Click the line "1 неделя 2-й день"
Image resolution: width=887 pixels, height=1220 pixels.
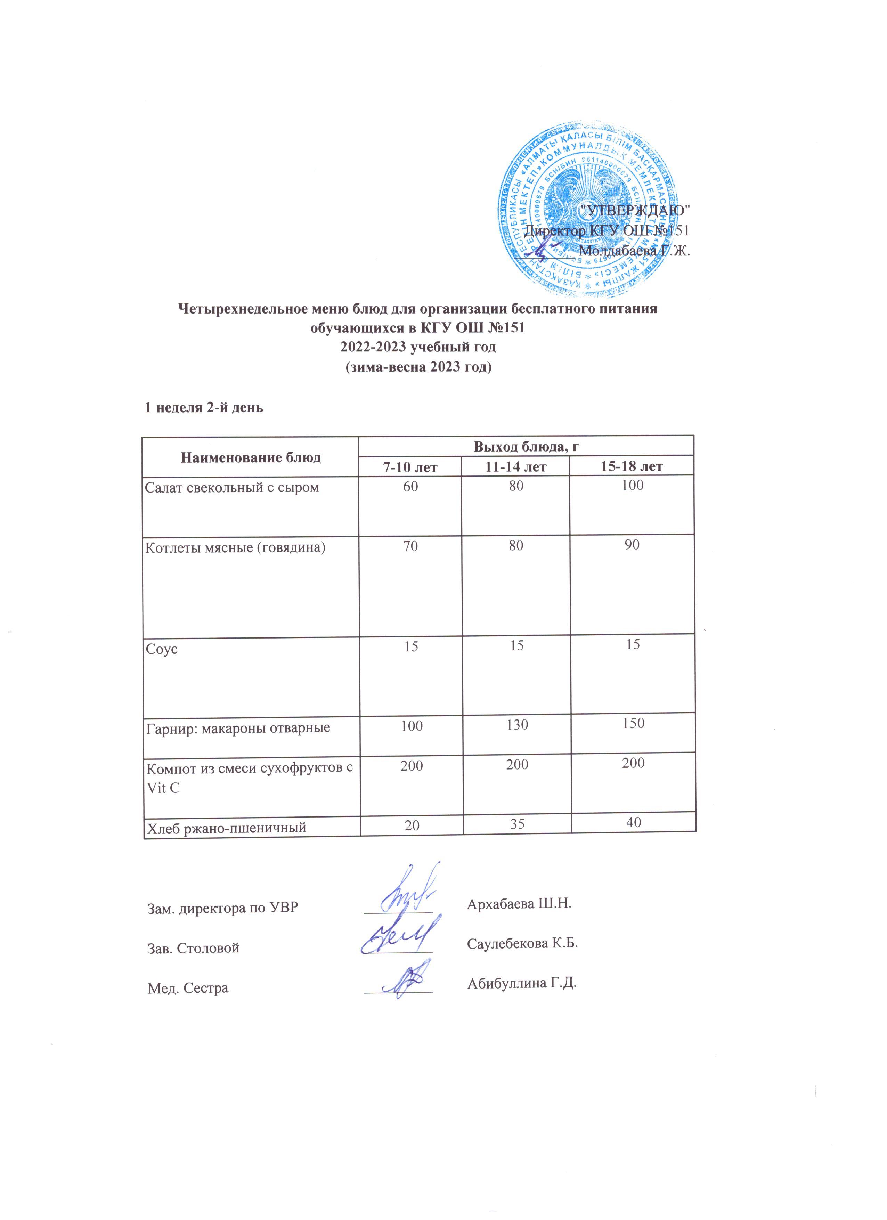tap(205, 407)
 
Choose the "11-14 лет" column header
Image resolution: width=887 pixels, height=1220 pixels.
tap(516, 466)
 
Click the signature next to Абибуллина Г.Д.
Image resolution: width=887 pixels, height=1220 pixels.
tap(402, 981)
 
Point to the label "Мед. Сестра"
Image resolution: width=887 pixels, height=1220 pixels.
tap(188, 987)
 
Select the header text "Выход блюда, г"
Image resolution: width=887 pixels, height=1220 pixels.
tap(526, 446)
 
